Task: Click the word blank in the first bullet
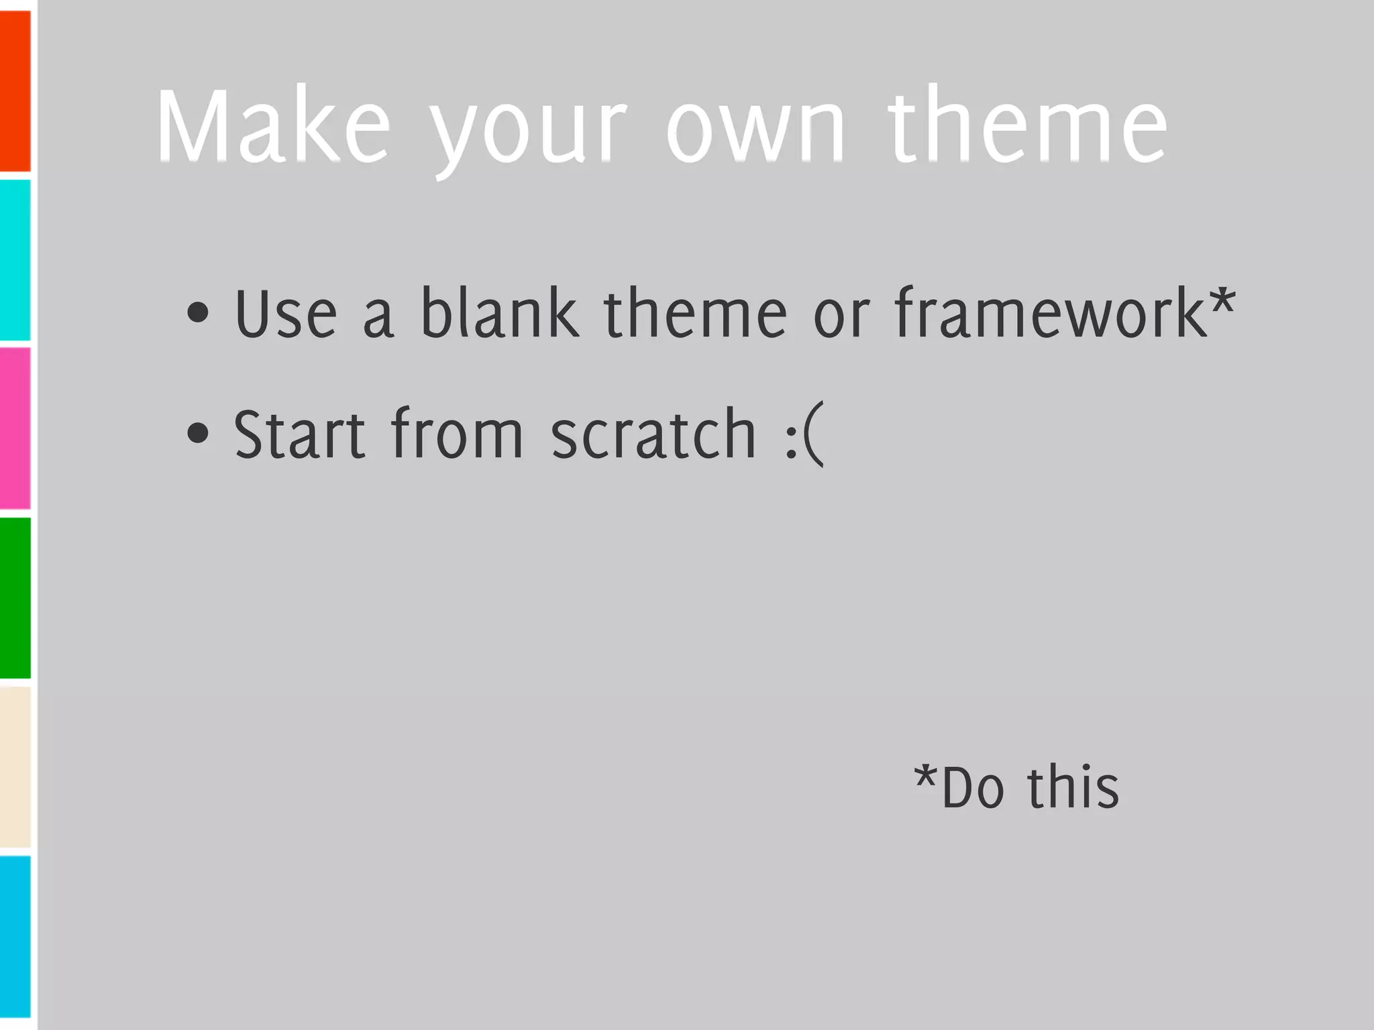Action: click(x=499, y=311)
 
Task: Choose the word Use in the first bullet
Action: click(x=286, y=314)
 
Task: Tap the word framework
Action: click(x=1049, y=312)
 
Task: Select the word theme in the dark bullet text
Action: click(x=695, y=312)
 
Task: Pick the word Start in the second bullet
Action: click(x=299, y=435)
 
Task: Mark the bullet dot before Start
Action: click(x=198, y=433)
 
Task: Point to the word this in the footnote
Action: click(x=1073, y=787)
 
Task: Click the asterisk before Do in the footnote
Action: click(x=926, y=778)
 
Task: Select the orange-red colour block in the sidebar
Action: click(x=15, y=91)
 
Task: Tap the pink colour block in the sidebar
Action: click(x=15, y=428)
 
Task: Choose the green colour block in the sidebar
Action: click(x=15, y=597)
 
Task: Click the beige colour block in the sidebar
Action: click(x=15, y=766)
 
